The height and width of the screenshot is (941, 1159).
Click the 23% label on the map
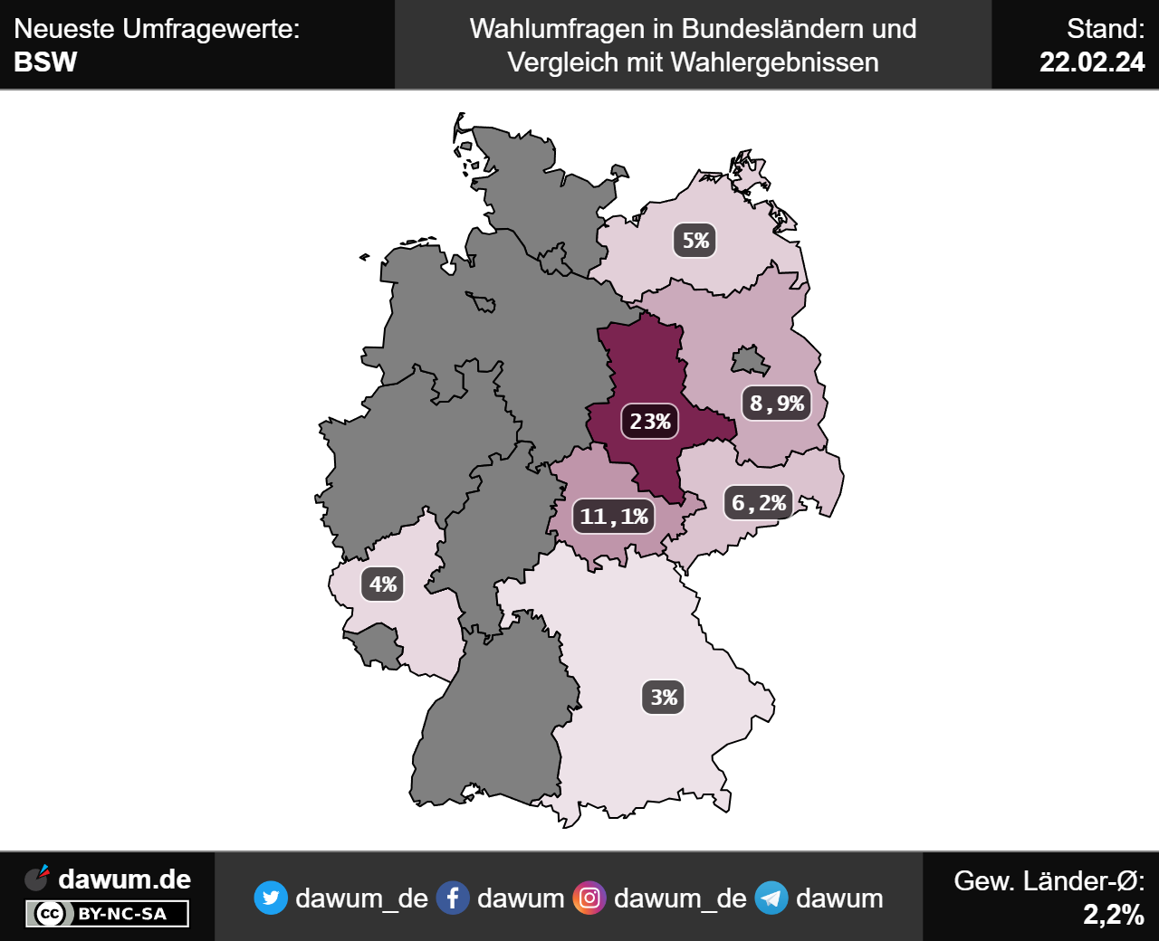pos(650,422)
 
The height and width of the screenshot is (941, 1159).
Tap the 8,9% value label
pos(777,404)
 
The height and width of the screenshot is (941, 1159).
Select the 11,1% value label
pos(614,517)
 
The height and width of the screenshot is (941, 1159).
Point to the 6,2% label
pos(759,503)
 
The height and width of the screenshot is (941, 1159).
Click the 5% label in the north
pos(695,241)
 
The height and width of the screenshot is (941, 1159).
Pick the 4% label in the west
pos(383,585)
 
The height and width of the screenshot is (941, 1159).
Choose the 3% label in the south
pos(664,698)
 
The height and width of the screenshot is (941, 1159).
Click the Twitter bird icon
pos(271,898)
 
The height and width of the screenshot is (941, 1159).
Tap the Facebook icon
pos(453,898)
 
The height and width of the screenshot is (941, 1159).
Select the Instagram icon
pos(589,898)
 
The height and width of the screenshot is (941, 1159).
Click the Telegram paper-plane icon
pos(771,898)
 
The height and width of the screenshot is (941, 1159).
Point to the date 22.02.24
pos(1092,62)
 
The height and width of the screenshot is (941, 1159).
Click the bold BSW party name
pos(46,62)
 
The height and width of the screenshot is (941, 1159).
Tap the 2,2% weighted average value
pos(1114,915)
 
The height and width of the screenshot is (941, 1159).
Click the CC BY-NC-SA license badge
pos(107,914)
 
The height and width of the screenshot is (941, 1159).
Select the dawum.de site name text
pos(124,879)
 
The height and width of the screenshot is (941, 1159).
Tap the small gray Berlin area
pos(750,361)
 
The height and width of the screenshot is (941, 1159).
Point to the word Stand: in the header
pos(1106,29)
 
